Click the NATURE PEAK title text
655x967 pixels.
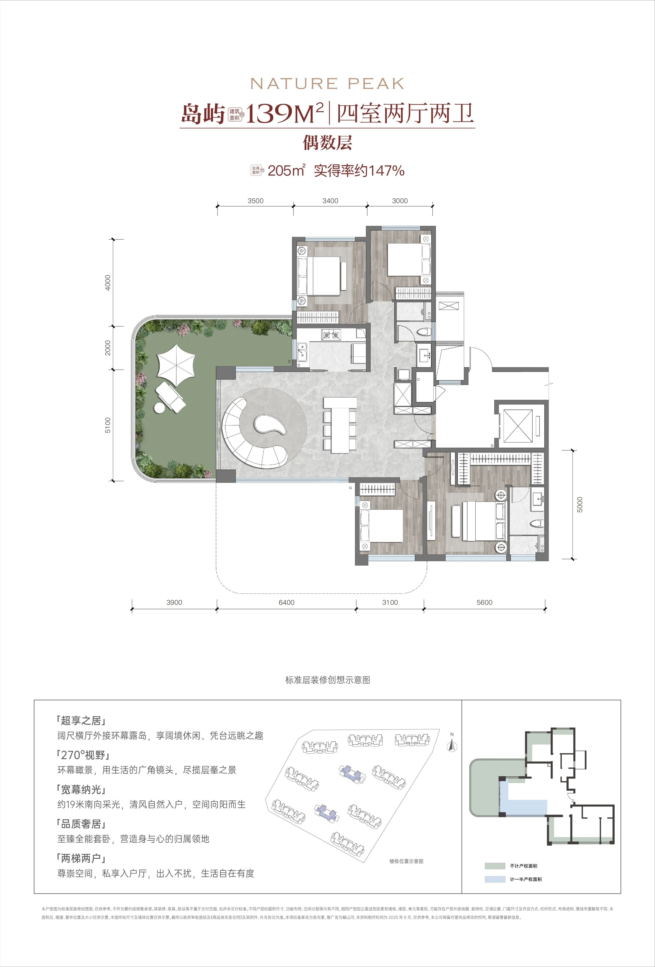pos(327,84)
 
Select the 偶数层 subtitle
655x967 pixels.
pos(327,143)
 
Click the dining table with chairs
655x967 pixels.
pos(340,424)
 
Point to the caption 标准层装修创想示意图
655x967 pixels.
pos(327,680)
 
